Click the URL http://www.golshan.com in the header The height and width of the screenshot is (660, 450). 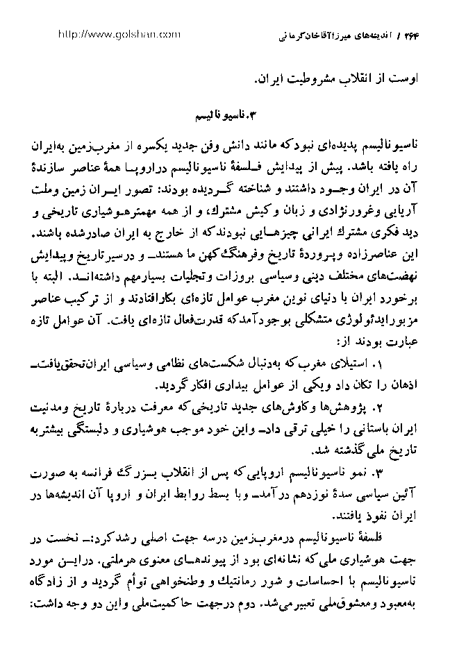tap(119, 33)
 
